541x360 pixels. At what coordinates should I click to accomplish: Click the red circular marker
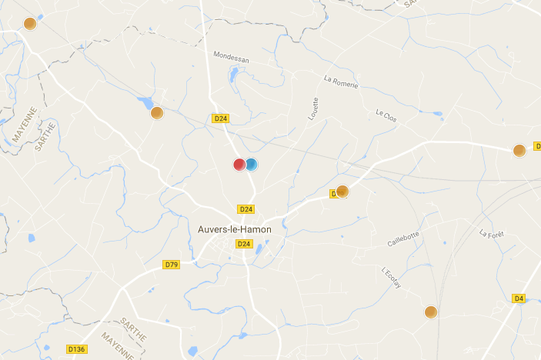[x=239, y=164]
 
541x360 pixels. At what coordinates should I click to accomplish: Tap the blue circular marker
[x=251, y=164]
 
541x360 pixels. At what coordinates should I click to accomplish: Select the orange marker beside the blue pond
[x=157, y=113]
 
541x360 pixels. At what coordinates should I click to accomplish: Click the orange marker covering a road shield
[x=342, y=192]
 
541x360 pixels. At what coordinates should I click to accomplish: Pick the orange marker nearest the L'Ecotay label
[x=431, y=312]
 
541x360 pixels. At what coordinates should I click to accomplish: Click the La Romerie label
[x=341, y=82]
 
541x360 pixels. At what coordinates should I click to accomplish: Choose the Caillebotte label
[x=403, y=239]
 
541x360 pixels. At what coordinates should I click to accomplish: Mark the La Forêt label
[x=490, y=233]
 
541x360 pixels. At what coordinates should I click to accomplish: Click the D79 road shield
[x=171, y=265]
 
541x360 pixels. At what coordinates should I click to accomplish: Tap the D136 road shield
[x=77, y=349]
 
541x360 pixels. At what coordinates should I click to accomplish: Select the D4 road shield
[x=519, y=298]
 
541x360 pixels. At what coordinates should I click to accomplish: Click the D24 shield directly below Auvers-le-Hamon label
[x=244, y=244]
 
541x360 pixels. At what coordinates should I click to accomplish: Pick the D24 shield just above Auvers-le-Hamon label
[x=246, y=209]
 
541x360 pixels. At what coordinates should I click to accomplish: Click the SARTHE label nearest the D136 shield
[x=132, y=327]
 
